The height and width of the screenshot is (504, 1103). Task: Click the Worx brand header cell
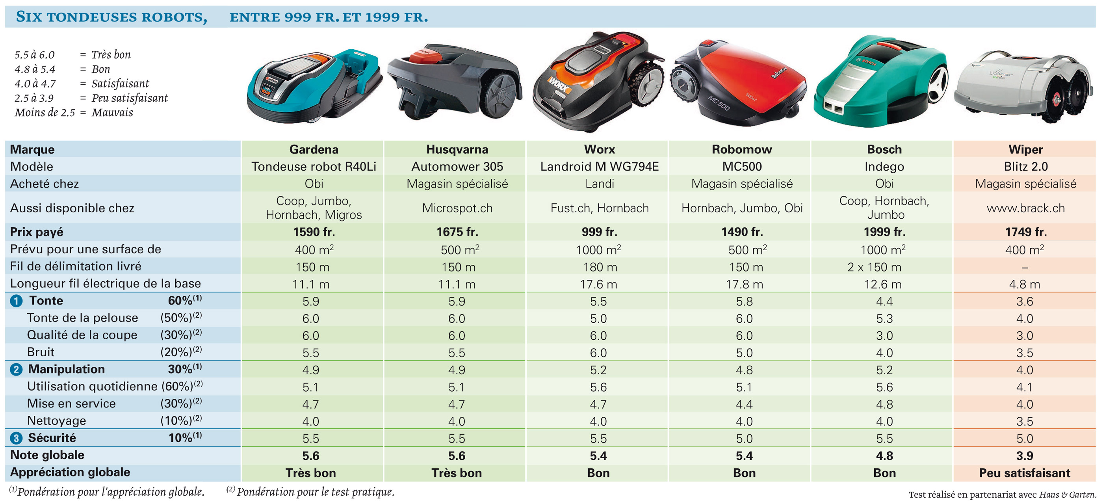tap(599, 149)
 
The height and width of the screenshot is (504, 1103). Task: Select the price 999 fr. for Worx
tap(599, 232)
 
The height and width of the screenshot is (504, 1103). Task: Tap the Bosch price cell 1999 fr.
tap(884, 232)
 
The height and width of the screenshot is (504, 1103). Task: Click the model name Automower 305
tap(457, 166)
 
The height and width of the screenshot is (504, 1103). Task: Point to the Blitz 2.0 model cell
tap(1025, 166)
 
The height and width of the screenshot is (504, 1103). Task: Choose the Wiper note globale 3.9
tap(1025, 456)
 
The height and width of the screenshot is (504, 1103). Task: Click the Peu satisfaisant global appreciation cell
tap(1025, 473)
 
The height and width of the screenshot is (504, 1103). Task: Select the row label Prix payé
tap(36, 232)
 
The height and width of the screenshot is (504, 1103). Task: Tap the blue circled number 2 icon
tap(16, 370)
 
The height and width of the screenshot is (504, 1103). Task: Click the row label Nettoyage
tap(56, 421)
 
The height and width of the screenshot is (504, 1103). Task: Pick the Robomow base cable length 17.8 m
tap(744, 284)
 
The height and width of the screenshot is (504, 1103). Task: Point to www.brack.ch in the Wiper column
tap(1025, 208)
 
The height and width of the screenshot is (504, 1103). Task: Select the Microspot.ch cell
tap(457, 208)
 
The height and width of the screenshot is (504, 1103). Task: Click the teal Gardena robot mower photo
tap(314, 86)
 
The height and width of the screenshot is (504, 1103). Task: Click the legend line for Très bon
tap(72, 54)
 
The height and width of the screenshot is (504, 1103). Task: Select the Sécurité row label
tap(52, 438)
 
